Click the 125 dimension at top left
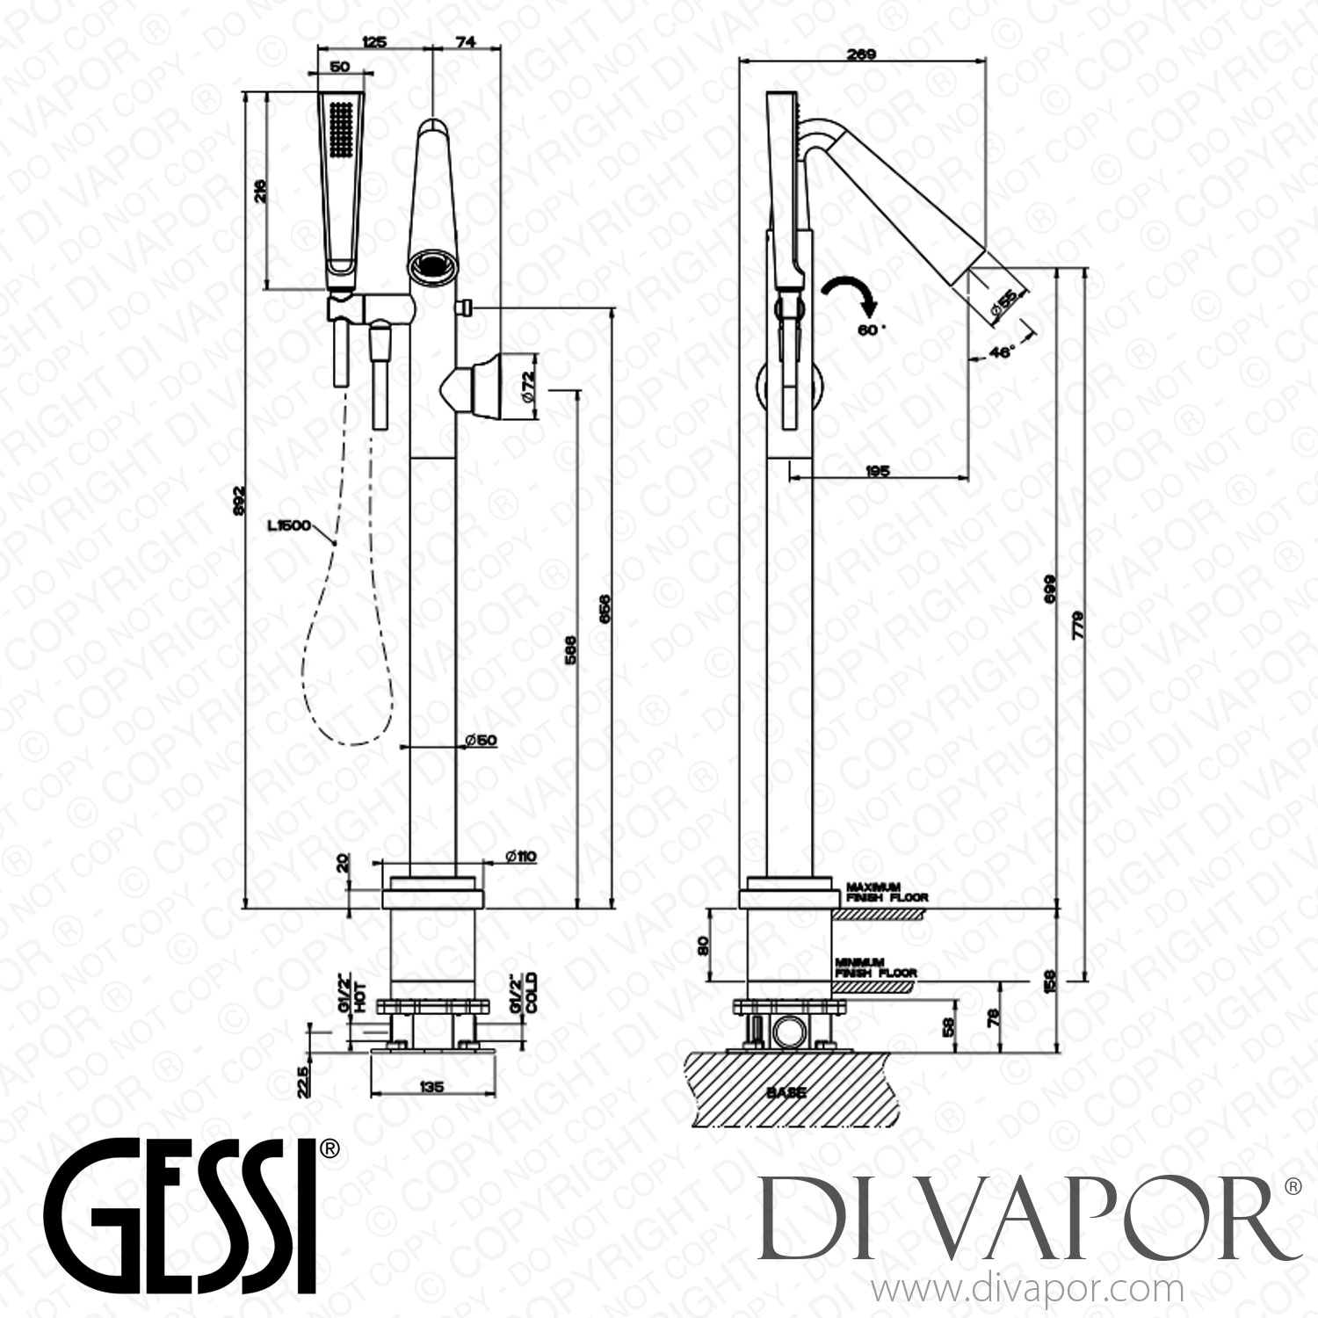374,41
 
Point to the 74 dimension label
466,41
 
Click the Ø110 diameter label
520,857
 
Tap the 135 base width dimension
432,1087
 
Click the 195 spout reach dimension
878,471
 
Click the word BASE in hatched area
785,1093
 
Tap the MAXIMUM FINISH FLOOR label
874,893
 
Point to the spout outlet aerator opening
431,264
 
